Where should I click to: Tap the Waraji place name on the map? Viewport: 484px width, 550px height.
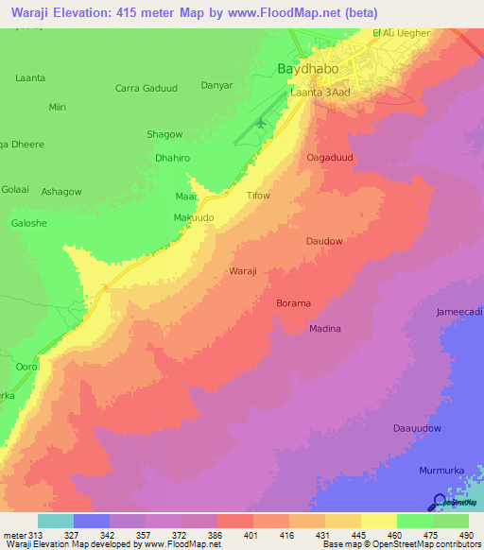pyautogui.click(x=243, y=271)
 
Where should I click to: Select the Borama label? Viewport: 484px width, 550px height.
pyautogui.click(x=293, y=303)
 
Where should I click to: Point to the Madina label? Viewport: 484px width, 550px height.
pyautogui.click(x=325, y=329)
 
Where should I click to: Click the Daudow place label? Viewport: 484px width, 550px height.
pyautogui.click(x=323, y=241)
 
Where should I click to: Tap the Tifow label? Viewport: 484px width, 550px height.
pyautogui.click(x=258, y=196)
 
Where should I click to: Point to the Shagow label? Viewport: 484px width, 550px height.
pyautogui.click(x=164, y=134)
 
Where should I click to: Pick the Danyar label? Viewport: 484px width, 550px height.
pyautogui.click(x=216, y=85)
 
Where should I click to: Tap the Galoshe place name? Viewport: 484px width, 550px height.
pyautogui.click(x=28, y=222)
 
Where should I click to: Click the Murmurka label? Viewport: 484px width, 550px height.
pyautogui.click(x=441, y=470)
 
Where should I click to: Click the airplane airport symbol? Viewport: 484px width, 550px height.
pyautogui.click(x=261, y=123)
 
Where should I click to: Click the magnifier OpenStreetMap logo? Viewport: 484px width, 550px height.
pyautogui.click(x=440, y=502)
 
